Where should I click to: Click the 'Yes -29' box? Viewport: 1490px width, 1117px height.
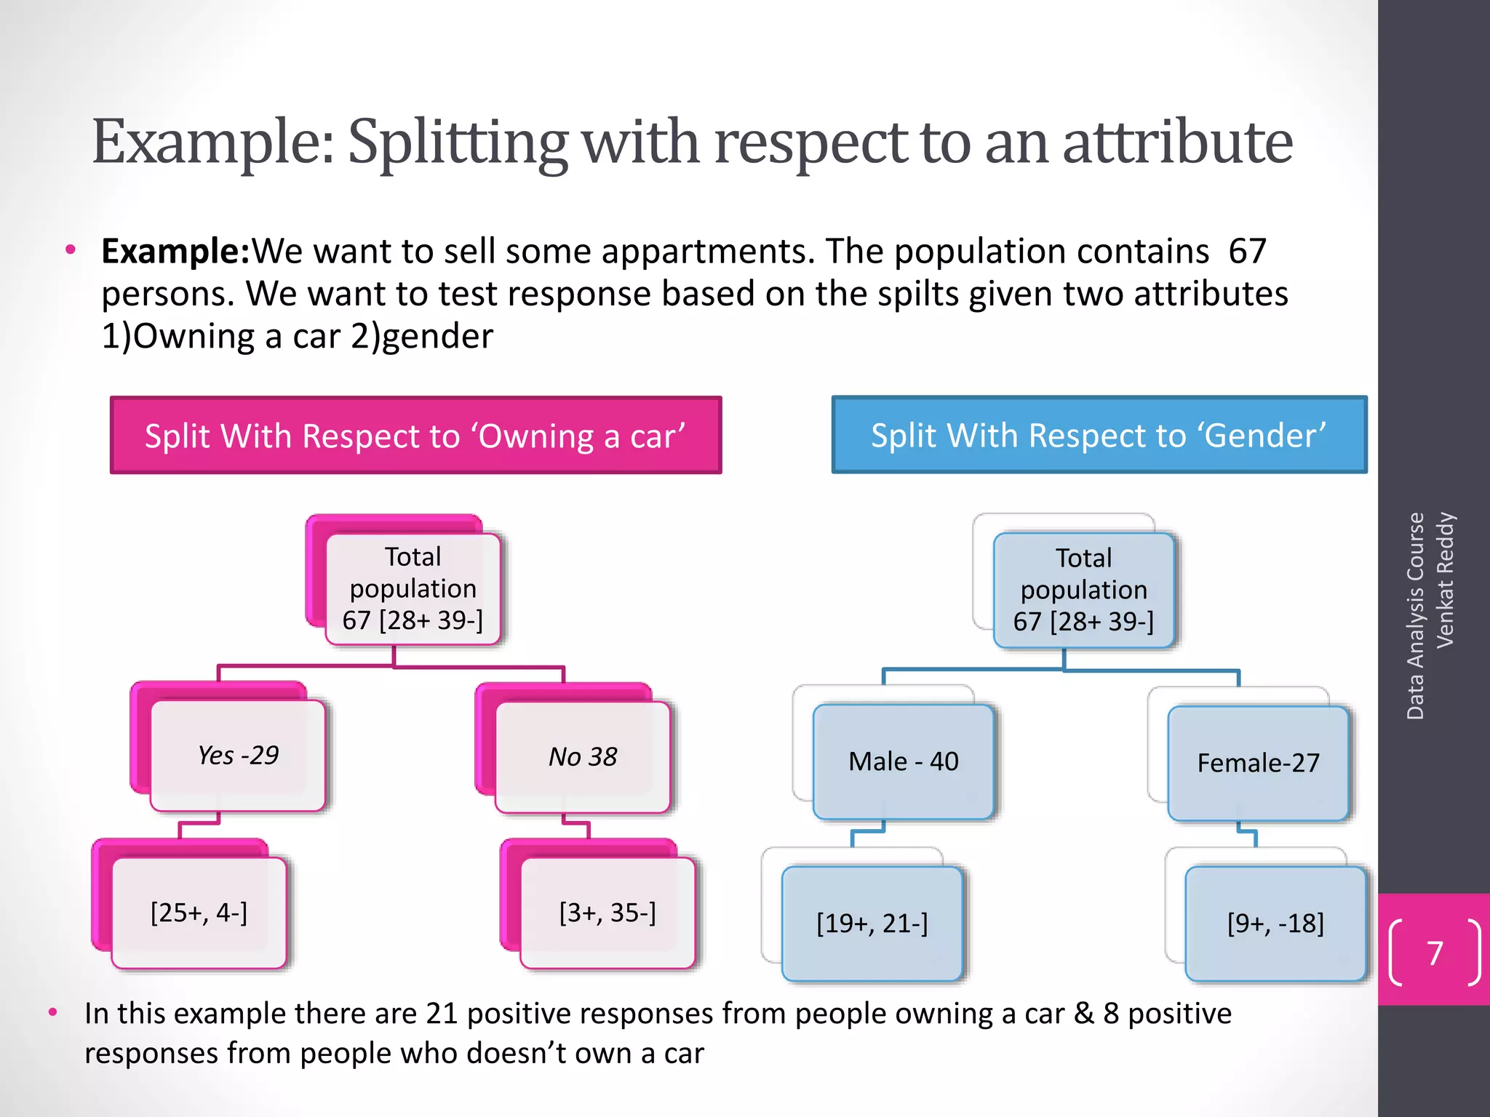tap(238, 756)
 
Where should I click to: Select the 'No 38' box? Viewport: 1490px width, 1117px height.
tap(583, 757)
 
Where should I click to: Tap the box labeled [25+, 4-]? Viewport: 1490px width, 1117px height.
tap(199, 913)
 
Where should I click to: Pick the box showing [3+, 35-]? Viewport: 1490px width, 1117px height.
tap(607, 913)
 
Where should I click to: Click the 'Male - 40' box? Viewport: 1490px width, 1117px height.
tap(904, 761)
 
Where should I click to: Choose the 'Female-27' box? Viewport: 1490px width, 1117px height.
tap(1258, 763)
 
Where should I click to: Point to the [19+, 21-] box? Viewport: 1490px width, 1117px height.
tap(872, 924)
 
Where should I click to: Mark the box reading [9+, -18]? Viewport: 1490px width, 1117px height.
tap(1275, 924)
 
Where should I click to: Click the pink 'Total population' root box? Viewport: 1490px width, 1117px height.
tap(413, 588)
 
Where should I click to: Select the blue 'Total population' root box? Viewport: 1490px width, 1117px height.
tap(1083, 590)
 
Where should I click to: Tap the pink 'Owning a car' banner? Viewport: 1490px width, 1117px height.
tap(415, 436)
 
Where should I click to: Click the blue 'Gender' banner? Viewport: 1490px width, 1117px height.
tap(1099, 435)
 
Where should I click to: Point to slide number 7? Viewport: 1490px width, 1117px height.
tap(1435, 953)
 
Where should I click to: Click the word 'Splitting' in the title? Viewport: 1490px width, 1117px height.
tap(457, 143)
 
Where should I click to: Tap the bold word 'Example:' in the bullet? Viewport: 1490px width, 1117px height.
tap(175, 252)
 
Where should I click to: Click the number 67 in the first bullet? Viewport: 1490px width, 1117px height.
tap(1247, 252)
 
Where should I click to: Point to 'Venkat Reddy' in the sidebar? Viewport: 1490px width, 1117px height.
tap(1445, 580)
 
